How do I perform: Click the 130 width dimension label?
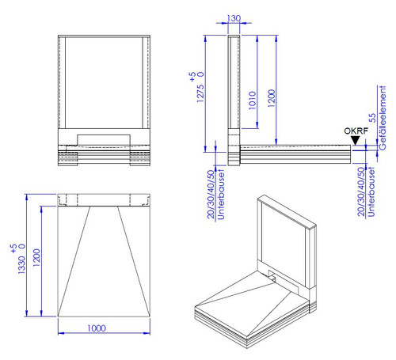234,18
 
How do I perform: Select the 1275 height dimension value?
200,93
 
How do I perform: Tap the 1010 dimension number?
253,100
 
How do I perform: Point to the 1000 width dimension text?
97,328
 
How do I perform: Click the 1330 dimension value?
22,264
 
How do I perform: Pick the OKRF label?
356,131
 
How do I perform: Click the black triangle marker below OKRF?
356,140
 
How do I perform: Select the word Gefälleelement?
382,118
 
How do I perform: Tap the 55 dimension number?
372,118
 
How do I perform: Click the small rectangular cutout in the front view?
104,140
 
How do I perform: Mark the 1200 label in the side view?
272,98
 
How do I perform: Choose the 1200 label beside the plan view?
36,258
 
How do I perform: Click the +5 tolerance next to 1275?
192,77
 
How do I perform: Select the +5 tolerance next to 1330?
13,248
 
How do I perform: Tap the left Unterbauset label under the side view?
221,195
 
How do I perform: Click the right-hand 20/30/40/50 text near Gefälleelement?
361,191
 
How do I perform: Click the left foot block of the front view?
68,158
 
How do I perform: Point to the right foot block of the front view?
140,158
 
